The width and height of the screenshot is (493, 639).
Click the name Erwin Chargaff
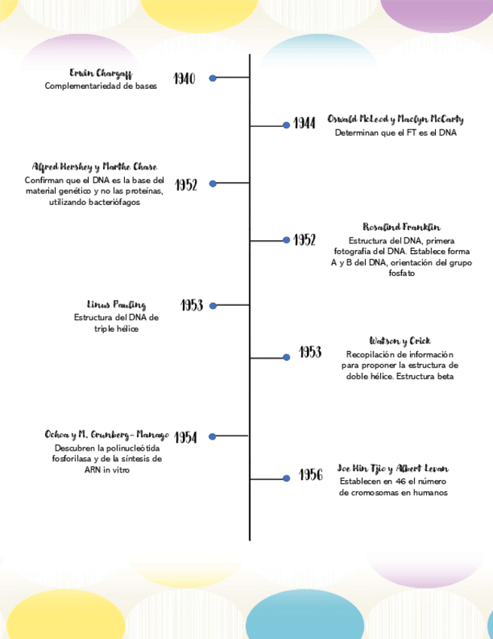point(100,73)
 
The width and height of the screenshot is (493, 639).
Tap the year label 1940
point(184,78)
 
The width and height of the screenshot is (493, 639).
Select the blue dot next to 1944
point(286,125)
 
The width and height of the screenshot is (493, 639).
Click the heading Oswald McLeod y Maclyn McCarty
point(395,119)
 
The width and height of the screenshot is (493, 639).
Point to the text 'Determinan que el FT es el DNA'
point(396,133)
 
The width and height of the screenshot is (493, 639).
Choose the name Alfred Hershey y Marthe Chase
point(95,167)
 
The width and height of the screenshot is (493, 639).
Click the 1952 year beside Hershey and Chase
point(186,185)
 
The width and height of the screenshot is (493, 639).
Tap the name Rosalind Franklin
point(401,227)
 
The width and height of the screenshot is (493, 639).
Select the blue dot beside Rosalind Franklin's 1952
point(286,240)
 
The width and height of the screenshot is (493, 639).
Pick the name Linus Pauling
point(116,304)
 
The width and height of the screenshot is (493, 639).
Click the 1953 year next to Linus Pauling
point(192,305)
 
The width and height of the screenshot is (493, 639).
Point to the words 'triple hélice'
point(116,329)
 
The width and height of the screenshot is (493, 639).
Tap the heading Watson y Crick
point(400,341)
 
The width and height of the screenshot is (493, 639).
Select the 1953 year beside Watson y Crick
point(310,352)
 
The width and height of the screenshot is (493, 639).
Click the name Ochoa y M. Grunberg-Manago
point(107,435)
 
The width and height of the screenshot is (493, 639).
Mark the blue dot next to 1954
point(212,436)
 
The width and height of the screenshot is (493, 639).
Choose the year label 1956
point(310,475)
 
